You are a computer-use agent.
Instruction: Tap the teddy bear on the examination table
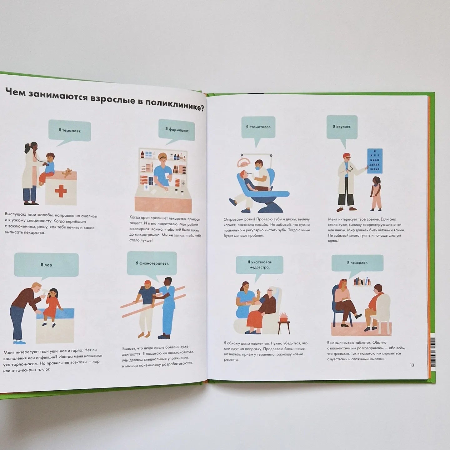click(67, 172)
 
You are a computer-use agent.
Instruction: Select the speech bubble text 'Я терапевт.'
click(70, 131)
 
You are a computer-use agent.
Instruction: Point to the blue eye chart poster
click(375, 161)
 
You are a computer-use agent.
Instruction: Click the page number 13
click(412, 365)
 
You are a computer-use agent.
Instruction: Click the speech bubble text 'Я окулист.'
click(342, 127)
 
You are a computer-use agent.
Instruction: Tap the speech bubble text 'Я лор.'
click(47, 265)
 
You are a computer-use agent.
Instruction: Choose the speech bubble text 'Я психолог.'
click(357, 263)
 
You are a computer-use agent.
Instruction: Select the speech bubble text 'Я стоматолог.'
click(258, 127)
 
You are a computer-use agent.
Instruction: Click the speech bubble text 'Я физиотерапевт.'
click(152, 263)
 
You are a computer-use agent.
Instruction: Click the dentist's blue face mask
click(258, 167)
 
